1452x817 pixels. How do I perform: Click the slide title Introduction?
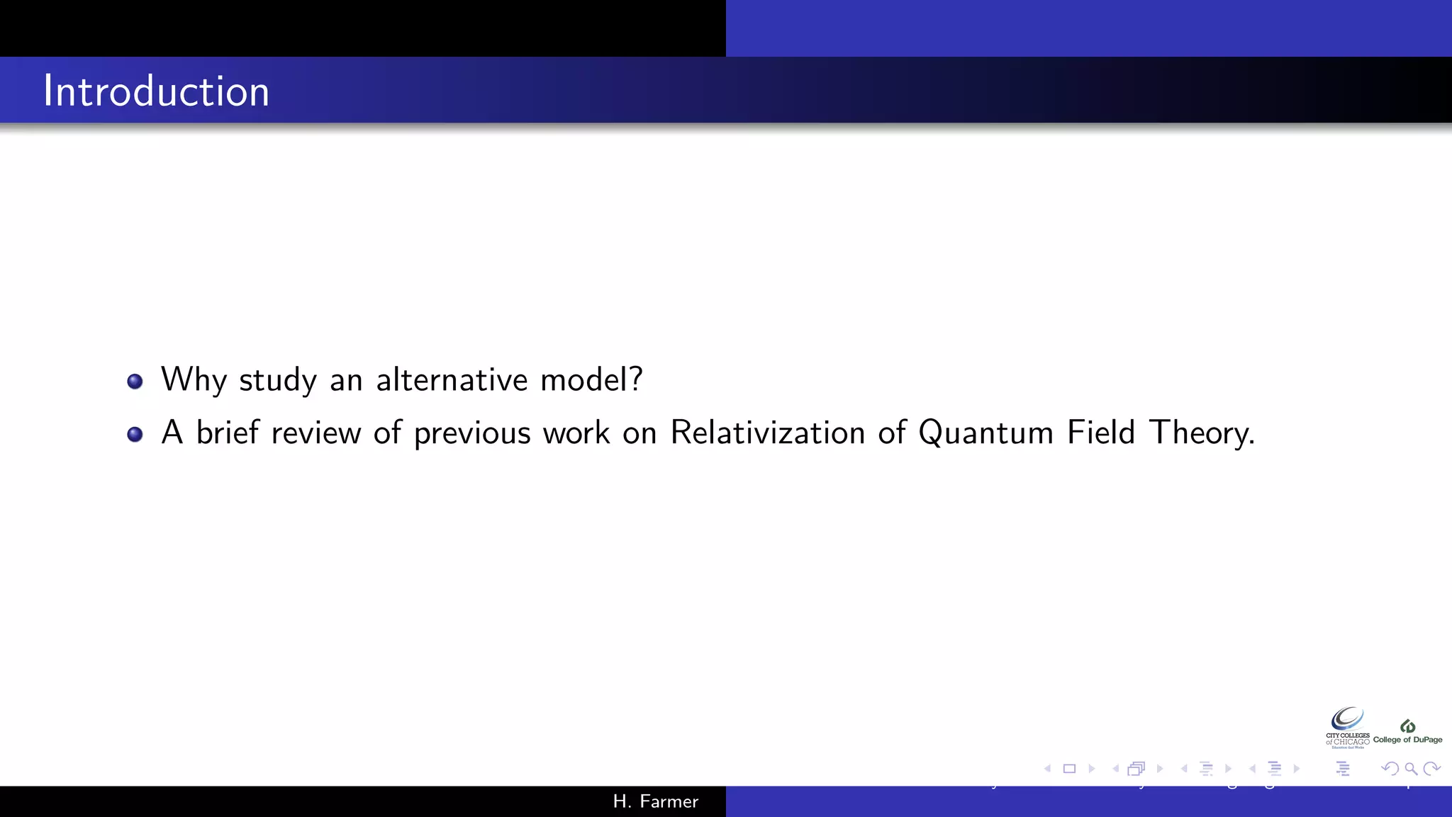point(156,91)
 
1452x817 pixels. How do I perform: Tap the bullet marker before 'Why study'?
point(135,382)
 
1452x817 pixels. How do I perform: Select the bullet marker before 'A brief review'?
point(135,434)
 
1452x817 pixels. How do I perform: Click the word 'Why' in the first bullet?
point(194,380)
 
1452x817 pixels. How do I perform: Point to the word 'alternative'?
point(452,379)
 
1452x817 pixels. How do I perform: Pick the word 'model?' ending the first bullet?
point(591,379)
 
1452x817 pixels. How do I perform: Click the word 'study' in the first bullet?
point(278,380)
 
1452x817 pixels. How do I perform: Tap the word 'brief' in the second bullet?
point(227,433)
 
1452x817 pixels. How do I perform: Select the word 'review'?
point(315,433)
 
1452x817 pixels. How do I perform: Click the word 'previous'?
point(471,433)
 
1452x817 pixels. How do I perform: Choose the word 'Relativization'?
point(767,433)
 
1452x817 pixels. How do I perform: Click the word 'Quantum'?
point(985,433)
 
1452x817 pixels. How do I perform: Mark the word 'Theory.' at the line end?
point(1202,433)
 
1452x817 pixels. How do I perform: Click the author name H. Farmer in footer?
point(656,801)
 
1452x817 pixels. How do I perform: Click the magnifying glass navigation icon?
point(1411,769)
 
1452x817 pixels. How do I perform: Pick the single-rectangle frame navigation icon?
point(1069,769)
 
